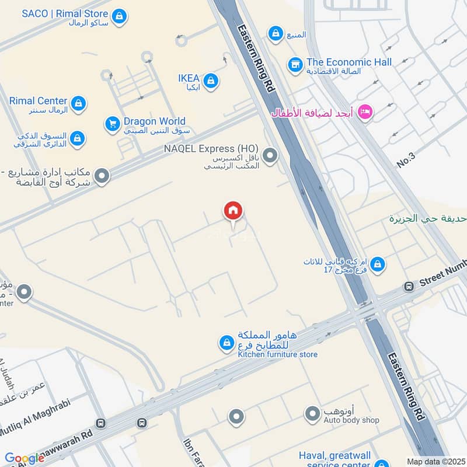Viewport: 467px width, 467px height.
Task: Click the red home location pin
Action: (x=233, y=212)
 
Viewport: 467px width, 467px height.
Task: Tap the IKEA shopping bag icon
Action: (x=211, y=81)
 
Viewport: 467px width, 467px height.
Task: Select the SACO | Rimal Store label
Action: (x=65, y=13)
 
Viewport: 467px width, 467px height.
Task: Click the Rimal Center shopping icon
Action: (x=78, y=104)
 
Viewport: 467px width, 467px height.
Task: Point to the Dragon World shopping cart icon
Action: (x=112, y=124)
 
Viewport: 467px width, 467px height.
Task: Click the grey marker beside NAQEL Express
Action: (x=270, y=155)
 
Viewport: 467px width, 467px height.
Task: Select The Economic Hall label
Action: (x=349, y=62)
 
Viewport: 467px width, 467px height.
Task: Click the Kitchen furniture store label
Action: (x=277, y=354)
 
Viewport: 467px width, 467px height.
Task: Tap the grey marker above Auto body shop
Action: (x=313, y=414)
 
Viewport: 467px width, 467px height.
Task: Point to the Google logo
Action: (x=24, y=459)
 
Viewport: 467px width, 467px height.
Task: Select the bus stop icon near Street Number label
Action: (x=409, y=287)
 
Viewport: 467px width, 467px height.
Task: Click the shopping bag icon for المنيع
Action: (x=275, y=34)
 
